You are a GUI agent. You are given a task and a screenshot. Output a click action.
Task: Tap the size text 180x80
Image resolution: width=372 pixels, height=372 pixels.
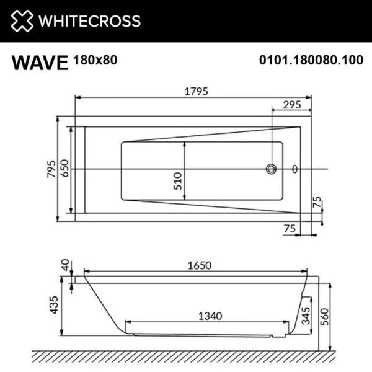pyautogui.click(x=95, y=60)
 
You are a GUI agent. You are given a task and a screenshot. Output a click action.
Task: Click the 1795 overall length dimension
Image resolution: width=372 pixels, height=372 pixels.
pyautogui.click(x=195, y=91)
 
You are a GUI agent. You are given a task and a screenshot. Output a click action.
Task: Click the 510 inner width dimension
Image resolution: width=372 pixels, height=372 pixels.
pyautogui.click(x=178, y=179)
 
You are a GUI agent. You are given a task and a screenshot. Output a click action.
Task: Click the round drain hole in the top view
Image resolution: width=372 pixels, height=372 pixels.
pyautogui.click(x=272, y=168)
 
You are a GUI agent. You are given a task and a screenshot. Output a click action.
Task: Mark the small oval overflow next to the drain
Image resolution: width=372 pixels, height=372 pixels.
pyautogui.click(x=294, y=168)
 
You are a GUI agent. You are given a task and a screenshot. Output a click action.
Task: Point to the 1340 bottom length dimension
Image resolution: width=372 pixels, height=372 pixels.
pyautogui.click(x=209, y=316)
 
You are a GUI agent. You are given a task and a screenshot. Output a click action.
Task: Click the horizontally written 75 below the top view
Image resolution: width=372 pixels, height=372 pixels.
pyautogui.click(x=288, y=229)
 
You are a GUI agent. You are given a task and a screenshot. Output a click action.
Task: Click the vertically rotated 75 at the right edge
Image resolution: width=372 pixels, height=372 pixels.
pyautogui.click(x=317, y=203)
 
